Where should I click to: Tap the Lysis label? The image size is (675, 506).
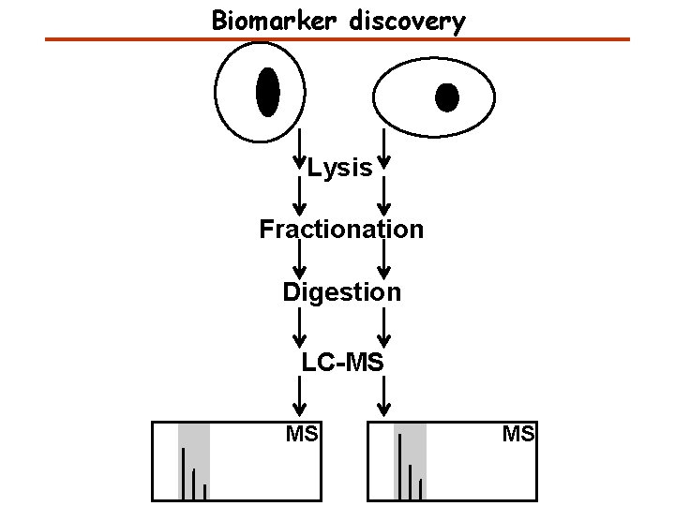339,169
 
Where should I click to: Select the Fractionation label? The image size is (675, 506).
341,229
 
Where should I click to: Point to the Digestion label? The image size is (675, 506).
341,292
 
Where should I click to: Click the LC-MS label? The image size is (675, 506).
341,362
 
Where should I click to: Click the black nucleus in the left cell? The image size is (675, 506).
267,92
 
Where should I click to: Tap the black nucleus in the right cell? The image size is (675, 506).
447,96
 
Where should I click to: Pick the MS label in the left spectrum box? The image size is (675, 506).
302,434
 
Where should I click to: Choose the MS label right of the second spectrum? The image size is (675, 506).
518,434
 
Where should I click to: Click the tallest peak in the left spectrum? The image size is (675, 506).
183,472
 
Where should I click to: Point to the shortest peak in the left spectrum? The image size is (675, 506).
204,491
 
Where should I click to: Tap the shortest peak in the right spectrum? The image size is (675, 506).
421,488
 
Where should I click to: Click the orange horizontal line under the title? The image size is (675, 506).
337,39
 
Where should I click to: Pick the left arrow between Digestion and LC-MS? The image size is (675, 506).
299,327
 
